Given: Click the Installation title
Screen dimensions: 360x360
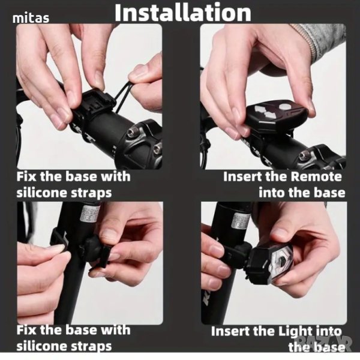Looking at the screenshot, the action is (x=183, y=13).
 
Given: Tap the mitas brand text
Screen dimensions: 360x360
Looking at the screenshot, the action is (x=31, y=18).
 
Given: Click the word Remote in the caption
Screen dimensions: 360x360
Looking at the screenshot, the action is (x=316, y=176).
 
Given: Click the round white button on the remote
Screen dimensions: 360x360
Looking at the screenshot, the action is (x=285, y=106).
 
